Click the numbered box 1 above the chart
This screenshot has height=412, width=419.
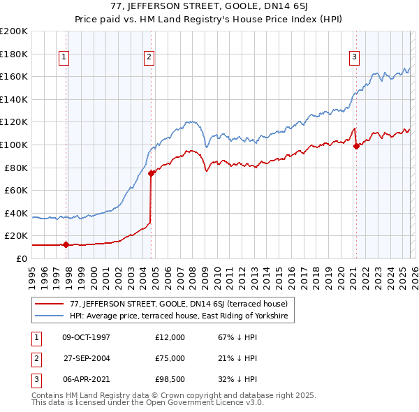coord(64,57)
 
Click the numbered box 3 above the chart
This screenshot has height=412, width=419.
coord(355,57)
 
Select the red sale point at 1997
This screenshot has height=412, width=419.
coord(66,244)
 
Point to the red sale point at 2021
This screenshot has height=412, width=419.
coord(356,146)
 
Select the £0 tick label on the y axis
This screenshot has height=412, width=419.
coord(20,258)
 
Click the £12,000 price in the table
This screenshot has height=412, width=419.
coord(170,337)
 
